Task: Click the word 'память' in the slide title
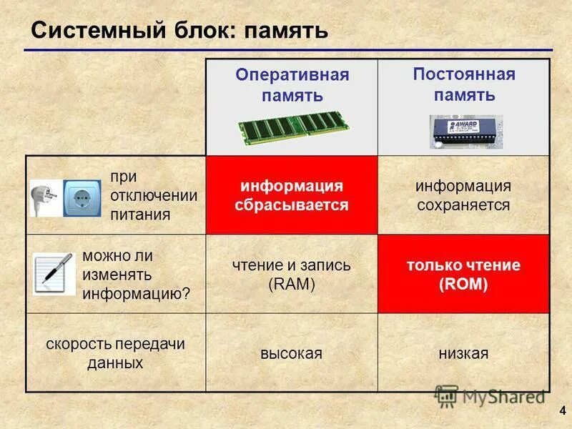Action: [x=285, y=31]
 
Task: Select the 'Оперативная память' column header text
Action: [x=292, y=85]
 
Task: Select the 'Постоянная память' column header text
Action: [x=463, y=84]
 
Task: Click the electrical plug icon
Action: [x=44, y=196]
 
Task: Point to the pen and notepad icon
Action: [x=54, y=272]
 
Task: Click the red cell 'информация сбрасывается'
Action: [x=292, y=196]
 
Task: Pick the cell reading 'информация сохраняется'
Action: [x=463, y=196]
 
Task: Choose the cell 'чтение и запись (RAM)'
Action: [x=292, y=275]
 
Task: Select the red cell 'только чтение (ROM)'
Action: [x=463, y=275]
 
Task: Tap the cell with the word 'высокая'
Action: [x=292, y=353]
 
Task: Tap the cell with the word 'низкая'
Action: [x=463, y=353]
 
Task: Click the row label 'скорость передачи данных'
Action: [x=116, y=353]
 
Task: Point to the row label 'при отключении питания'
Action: [x=154, y=195]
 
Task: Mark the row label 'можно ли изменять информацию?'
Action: [x=136, y=275]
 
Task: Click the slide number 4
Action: [x=562, y=411]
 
